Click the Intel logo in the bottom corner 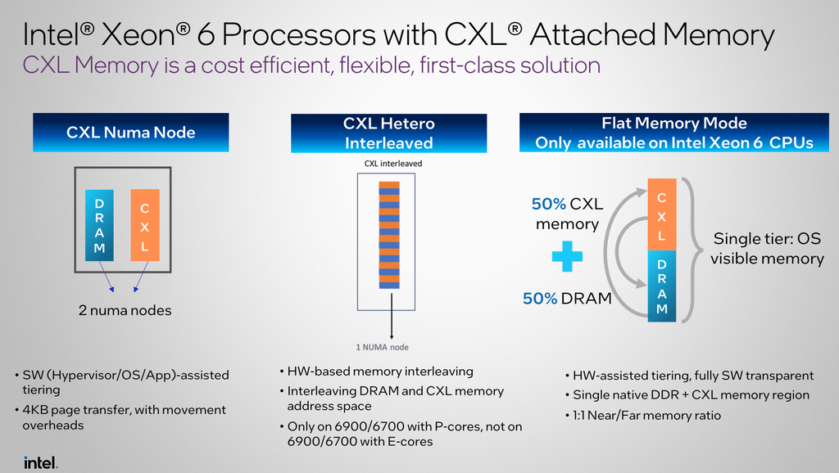[x=41, y=463]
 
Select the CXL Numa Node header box [x=130, y=133]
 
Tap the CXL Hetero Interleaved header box [x=389, y=133]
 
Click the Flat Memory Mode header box [x=674, y=133]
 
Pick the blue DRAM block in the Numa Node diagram [x=99, y=226]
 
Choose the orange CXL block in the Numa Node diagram [x=145, y=225]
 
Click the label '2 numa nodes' [x=125, y=310]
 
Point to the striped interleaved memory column [x=389, y=235]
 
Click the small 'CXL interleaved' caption [x=393, y=164]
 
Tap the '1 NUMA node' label [x=382, y=348]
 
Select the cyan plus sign [x=567, y=256]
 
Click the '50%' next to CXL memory [x=548, y=204]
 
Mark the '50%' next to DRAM [x=540, y=298]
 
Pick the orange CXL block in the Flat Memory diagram [x=662, y=215]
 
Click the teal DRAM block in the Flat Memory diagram [x=662, y=286]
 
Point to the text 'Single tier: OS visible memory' [x=767, y=249]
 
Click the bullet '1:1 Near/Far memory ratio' [x=643, y=415]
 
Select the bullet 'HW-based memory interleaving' [x=376, y=372]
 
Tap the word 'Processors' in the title [x=299, y=35]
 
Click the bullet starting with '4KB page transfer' [x=121, y=417]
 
